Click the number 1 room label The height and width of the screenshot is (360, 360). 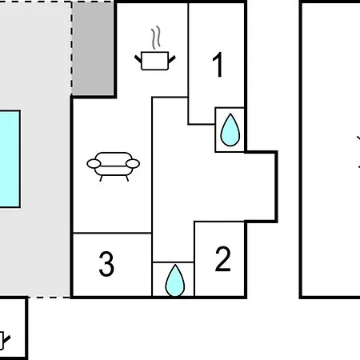[218, 65]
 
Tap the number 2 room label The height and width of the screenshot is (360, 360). [222, 258]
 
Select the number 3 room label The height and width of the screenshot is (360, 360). [106, 264]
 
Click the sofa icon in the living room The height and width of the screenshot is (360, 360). [114, 166]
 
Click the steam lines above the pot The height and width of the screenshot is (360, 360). [156, 38]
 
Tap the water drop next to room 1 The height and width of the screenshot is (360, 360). [230, 130]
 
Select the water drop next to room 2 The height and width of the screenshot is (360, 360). [175, 281]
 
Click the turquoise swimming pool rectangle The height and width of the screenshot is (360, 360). [10, 159]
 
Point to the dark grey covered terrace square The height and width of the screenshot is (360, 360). [93, 48]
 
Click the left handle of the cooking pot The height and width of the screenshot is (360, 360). [138, 59]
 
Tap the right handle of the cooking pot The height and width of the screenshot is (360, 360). [172, 59]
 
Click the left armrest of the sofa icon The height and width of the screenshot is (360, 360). [94, 163]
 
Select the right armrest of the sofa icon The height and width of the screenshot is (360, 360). [133, 163]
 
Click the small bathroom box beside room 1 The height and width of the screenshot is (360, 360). [230, 130]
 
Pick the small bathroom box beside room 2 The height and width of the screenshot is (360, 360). [174, 279]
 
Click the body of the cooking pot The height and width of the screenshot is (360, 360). [155, 61]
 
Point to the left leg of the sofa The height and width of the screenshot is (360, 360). [101, 178]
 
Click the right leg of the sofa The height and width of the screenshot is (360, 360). [127, 178]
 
